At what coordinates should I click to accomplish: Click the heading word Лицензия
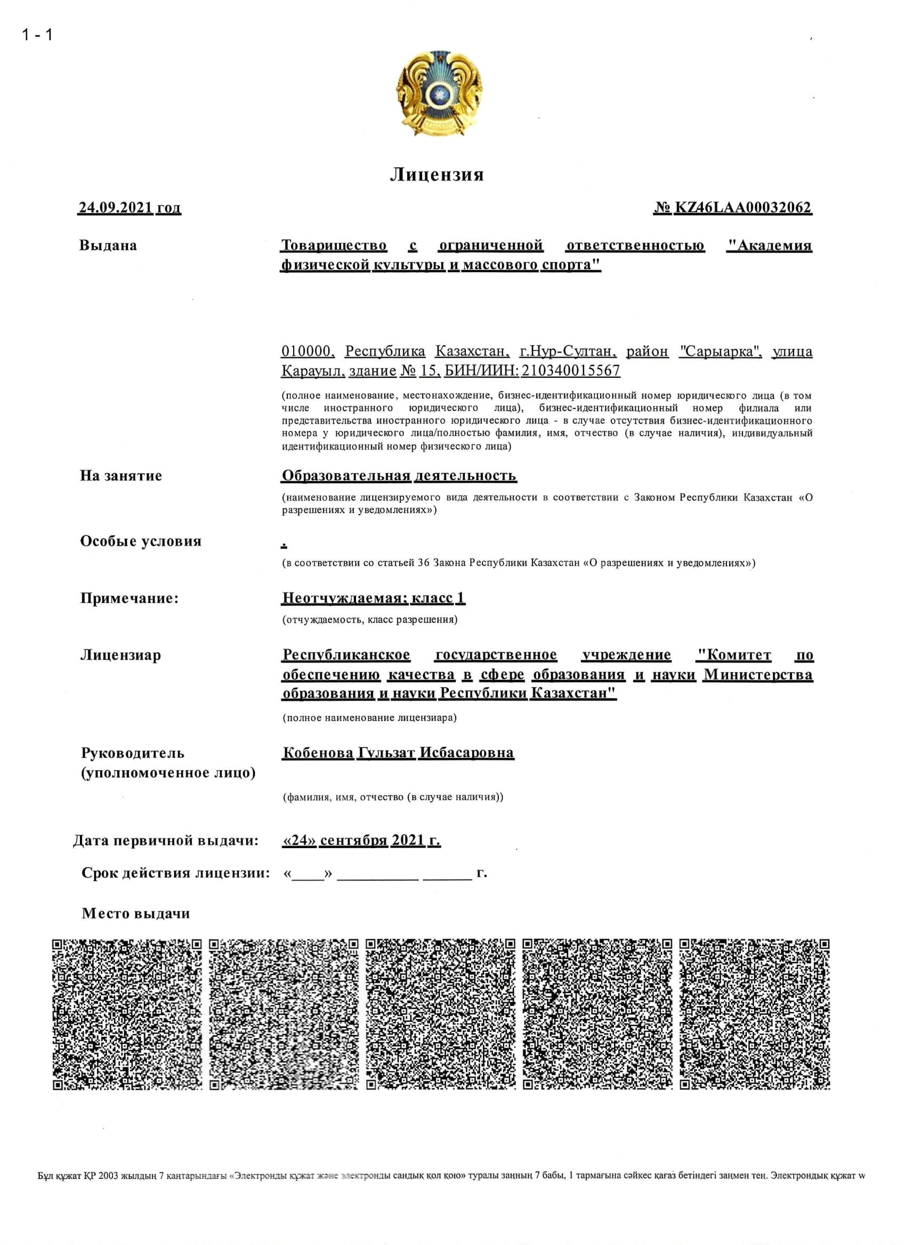[437, 175]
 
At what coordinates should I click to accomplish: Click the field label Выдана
[108, 246]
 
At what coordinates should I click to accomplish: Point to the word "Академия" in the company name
[769, 246]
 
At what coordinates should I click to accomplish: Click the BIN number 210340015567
[571, 371]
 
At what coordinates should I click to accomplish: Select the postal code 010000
[306, 351]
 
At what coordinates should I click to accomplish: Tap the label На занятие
[121, 475]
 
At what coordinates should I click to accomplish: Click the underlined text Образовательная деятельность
[399, 475]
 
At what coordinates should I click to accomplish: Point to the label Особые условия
[141, 541]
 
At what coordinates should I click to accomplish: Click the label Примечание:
[129, 598]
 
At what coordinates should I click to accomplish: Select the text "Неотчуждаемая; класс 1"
[374, 598]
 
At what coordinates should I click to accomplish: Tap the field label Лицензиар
[120, 655]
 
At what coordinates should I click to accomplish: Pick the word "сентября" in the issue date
[354, 841]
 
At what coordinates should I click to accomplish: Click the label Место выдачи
[135, 914]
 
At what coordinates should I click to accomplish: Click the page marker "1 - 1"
[37, 35]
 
